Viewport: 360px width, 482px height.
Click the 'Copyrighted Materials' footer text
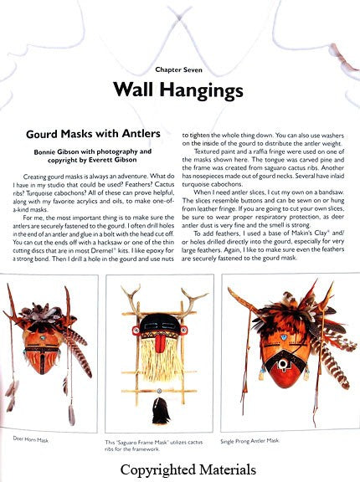[179, 469]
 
